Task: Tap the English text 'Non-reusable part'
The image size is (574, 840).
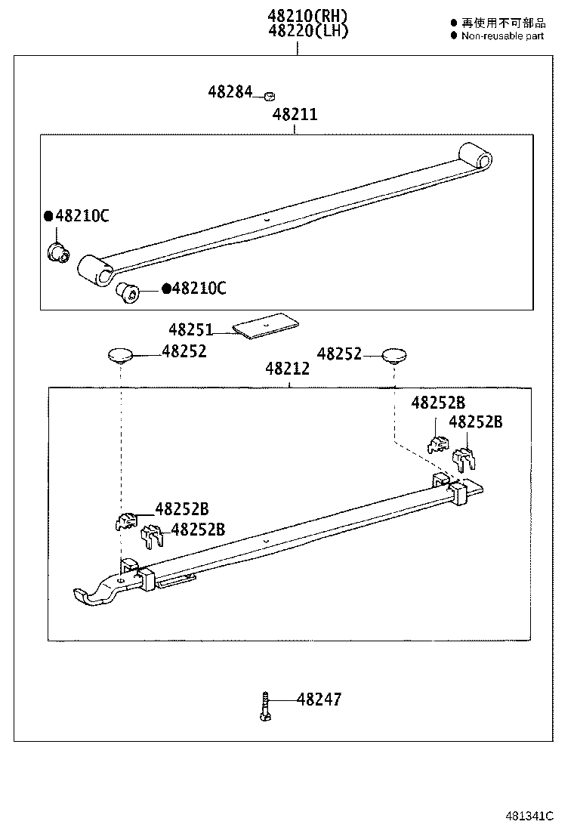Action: pyautogui.click(x=502, y=36)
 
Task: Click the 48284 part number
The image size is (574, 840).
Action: pyautogui.click(x=230, y=92)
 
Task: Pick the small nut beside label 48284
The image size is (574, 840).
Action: pyautogui.click(x=269, y=96)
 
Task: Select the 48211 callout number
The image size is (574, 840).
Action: pyautogui.click(x=295, y=115)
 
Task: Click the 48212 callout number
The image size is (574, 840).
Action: pyautogui.click(x=288, y=369)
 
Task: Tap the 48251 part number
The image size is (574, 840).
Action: pyautogui.click(x=191, y=330)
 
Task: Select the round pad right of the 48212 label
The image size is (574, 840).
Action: pyautogui.click(x=393, y=355)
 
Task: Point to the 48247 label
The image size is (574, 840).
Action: pyautogui.click(x=319, y=699)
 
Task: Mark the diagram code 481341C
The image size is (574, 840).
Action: pyautogui.click(x=529, y=817)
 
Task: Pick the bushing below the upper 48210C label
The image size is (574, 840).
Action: pyautogui.click(x=58, y=252)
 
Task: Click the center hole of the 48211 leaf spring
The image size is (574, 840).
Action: pyautogui.click(x=267, y=221)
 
